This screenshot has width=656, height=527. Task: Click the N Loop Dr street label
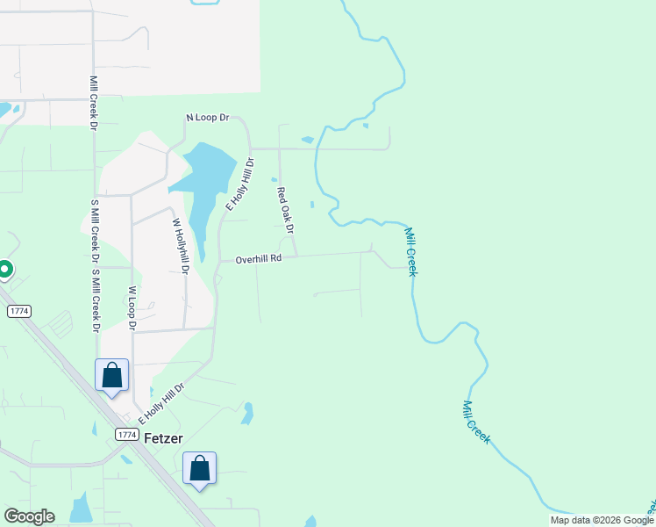pyautogui.click(x=207, y=117)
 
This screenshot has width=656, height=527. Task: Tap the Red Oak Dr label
pyautogui.click(x=284, y=210)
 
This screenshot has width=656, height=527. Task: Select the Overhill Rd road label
pyautogui.click(x=258, y=259)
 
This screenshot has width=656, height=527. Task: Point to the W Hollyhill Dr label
pyautogui.click(x=181, y=247)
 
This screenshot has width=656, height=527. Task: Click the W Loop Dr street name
pyautogui.click(x=132, y=307)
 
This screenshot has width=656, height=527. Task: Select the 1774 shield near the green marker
pyautogui.click(x=18, y=311)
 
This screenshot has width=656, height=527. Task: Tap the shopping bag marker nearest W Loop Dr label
pyautogui.click(x=112, y=375)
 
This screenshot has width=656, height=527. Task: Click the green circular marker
pyautogui.click(x=4, y=270)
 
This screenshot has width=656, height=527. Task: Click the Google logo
pyautogui.click(x=29, y=516)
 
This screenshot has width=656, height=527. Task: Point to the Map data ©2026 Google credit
pyautogui.click(x=602, y=520)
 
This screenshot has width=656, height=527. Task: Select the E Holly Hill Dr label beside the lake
pyautogui.click(x=239, y=183)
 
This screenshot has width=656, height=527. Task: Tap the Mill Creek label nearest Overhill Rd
pyautogui.click(x=410, y=251)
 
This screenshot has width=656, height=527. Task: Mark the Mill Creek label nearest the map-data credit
pyautogui.click(x=475, y=422)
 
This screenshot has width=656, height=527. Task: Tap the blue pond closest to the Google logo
pyautogui.click(x=81, y=509)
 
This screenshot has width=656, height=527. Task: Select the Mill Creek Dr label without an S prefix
pyautogui.click(x=92, y=103)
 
